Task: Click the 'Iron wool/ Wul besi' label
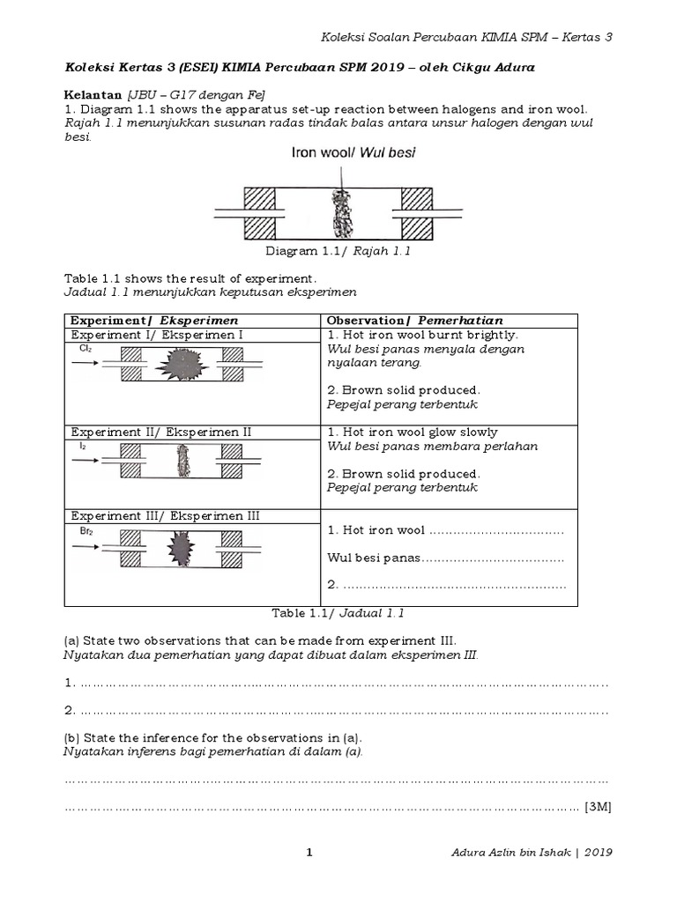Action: pos(353,152)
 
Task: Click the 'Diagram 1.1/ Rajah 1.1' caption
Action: pos(338,251)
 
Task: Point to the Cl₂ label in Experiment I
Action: pos(85,349)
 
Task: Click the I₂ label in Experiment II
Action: pos(82,447)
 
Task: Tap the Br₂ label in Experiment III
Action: pos(85,532)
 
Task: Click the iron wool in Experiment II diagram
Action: pos(182,460)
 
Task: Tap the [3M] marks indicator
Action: pos(598,807)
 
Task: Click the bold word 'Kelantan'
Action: pos(93,93)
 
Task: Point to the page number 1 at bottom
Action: pos(309,852)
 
